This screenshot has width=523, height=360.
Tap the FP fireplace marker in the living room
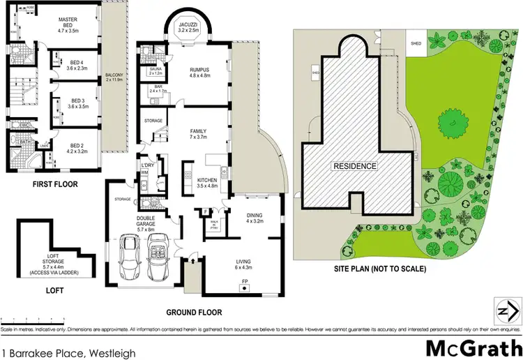click(x=244, y=281)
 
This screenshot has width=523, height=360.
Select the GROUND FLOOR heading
click(x=195, y=313)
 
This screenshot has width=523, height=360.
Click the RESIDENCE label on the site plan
click(x=354, y=166)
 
